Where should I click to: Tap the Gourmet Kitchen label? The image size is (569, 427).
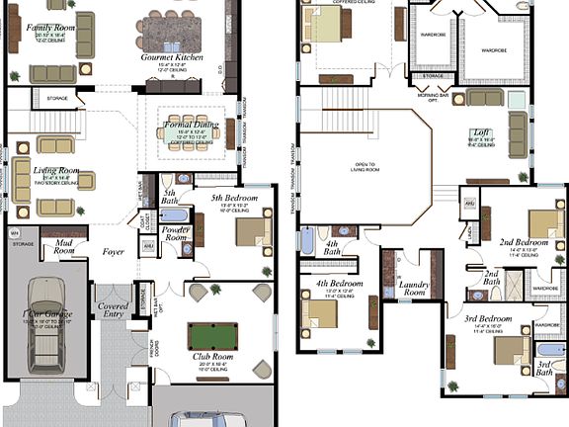pyautogui.click(x=173, y=58)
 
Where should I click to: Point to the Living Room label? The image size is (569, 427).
pyautogui.click(x=56, y=170)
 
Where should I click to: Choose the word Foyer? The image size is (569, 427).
pyautogui.click(x=114, y=252)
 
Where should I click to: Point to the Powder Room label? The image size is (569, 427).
pyautogui.click(x=177, y=233)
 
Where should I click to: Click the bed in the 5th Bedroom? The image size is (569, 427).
pyautogui.click(x=253, y=231)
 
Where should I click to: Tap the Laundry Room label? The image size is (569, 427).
pyautogui.click(x=413, y=288)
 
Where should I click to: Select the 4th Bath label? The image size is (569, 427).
pyautogui.click(x=333, y=247)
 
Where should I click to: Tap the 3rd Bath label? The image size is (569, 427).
pyautogui.click(x=544, y=370)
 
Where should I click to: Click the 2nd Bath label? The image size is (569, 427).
pyautogui.click(x=491, y=277)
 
